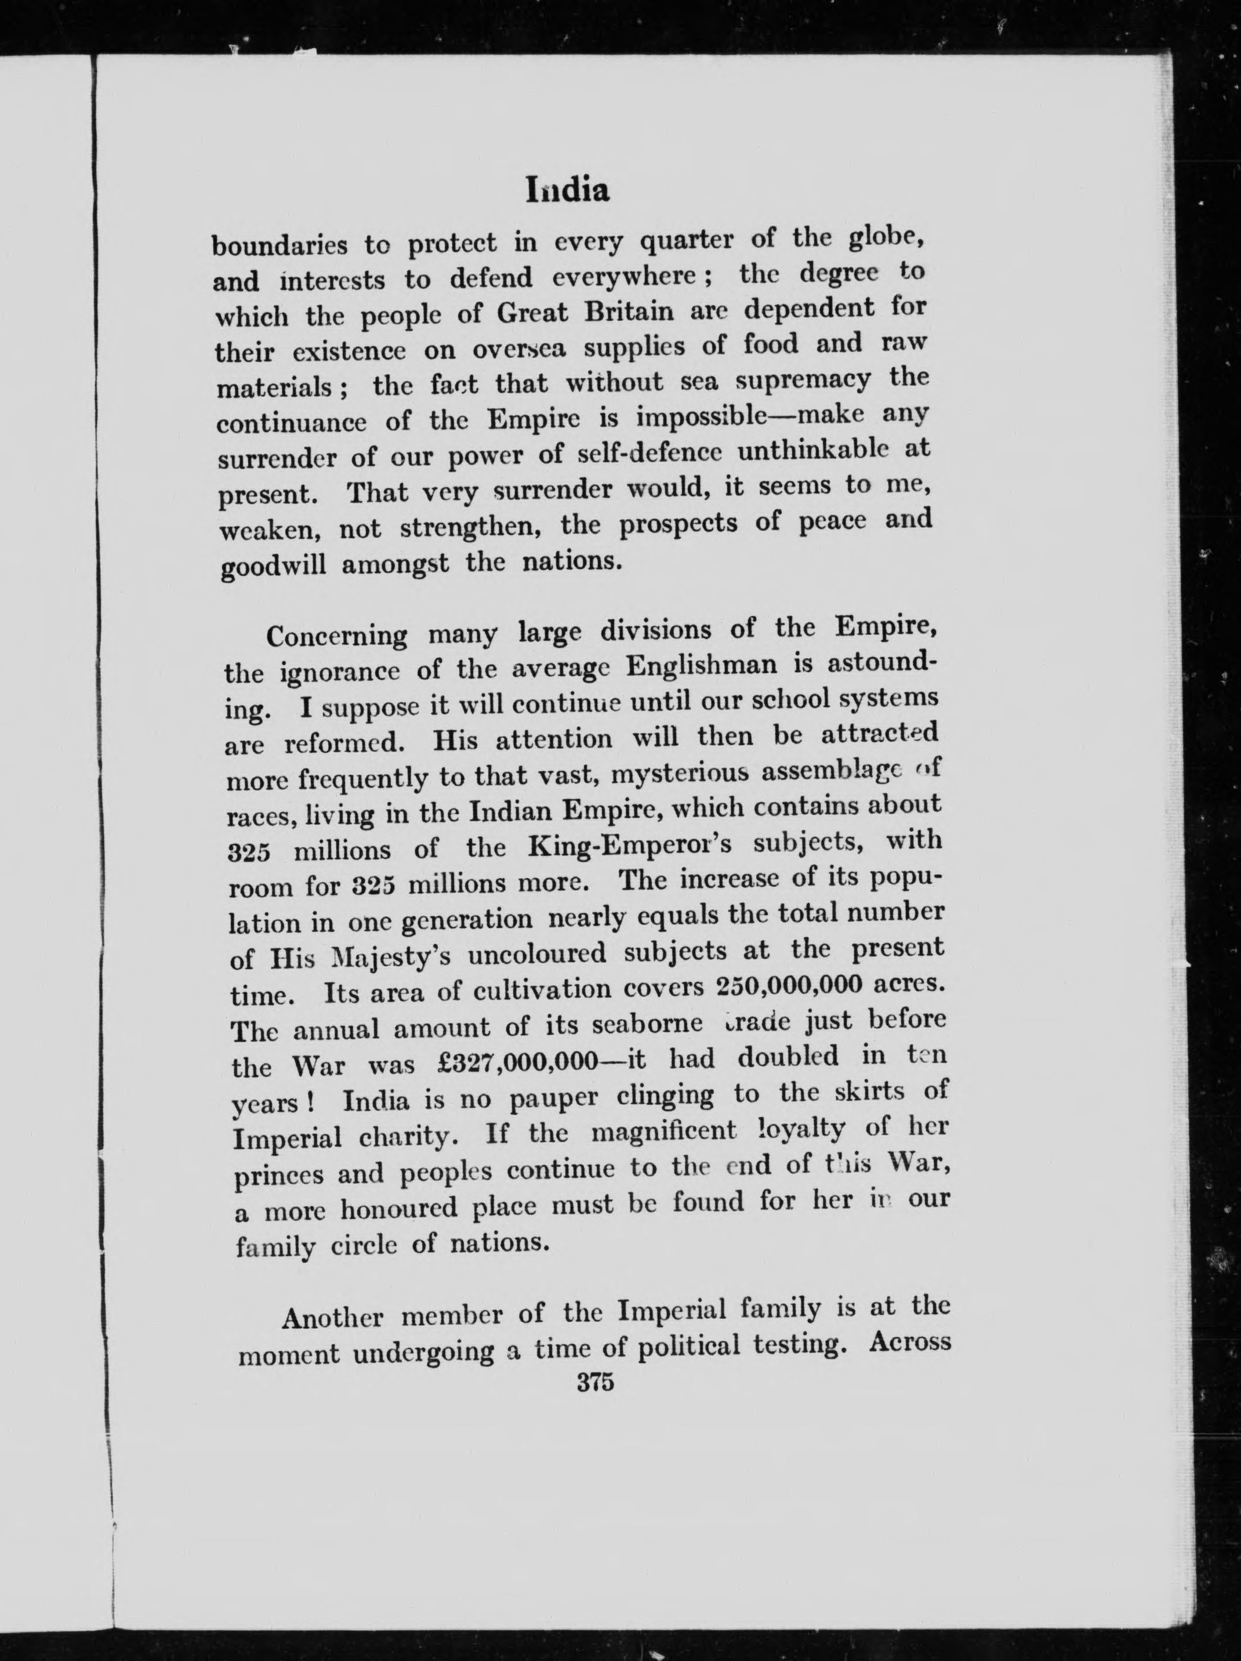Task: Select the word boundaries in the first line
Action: point(280,245)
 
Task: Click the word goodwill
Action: point(274,565)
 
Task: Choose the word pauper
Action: point(553,1098)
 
